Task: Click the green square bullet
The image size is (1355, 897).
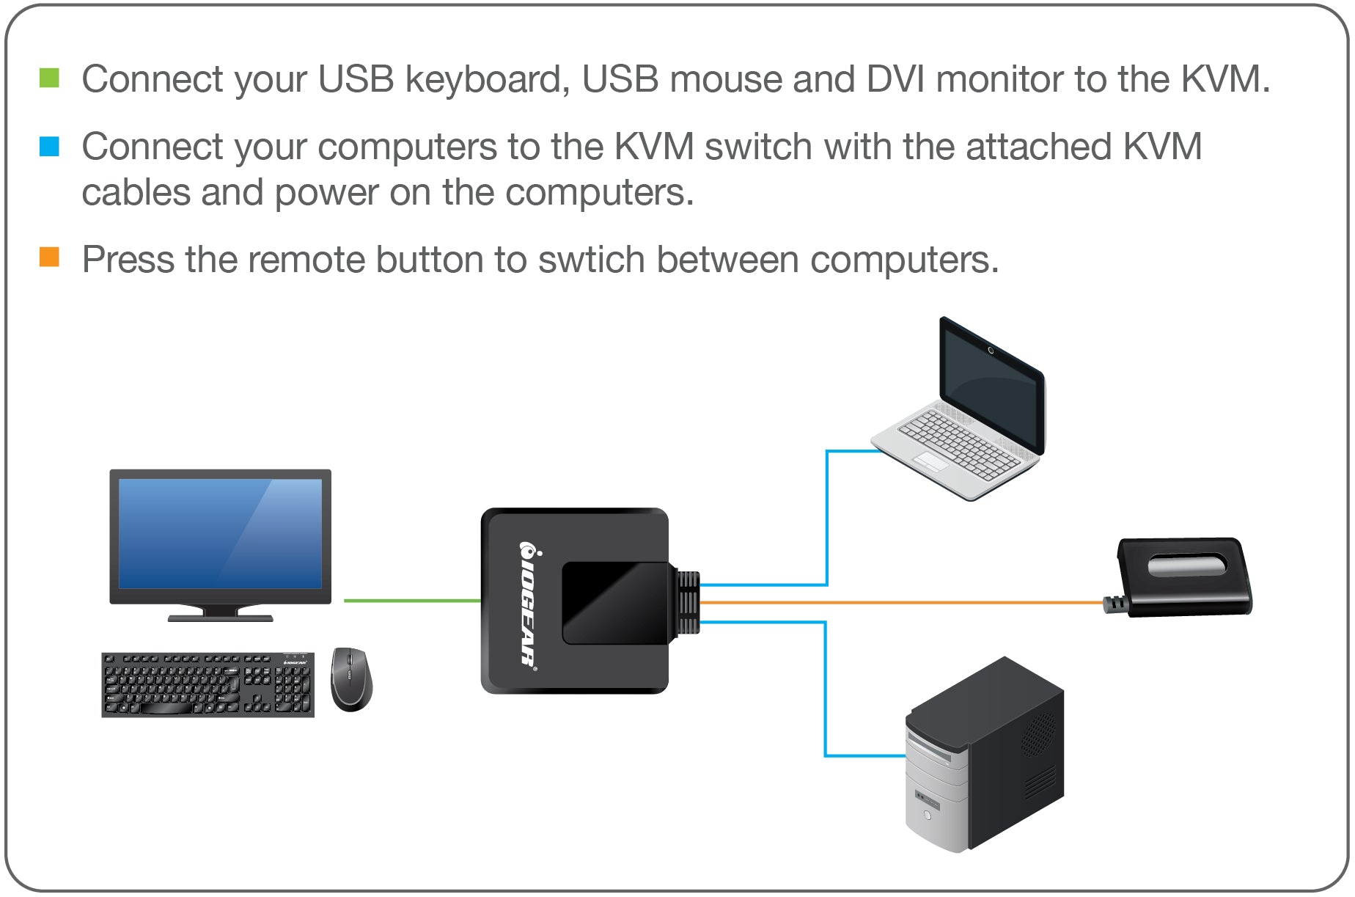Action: [x=49, y=78]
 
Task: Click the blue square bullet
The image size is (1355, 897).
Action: [x=49, y=146]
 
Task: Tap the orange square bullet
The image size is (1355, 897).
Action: [x=49, y=257]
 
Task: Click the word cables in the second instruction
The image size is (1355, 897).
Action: [x=136, y=193]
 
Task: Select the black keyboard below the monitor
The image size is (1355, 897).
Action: [x=208, y=684]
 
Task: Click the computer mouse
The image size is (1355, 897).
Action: [x=350, y=678]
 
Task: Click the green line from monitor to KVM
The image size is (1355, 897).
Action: [x=411, y=601]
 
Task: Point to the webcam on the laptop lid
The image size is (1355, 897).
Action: [x=991, y=351]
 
